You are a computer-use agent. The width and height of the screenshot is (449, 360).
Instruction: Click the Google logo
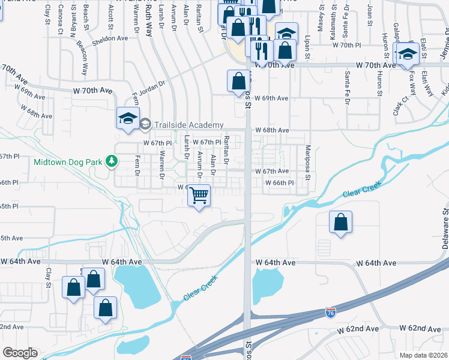(x=20, y=353)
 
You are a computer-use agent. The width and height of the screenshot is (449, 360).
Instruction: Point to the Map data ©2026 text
(x=423, y=355)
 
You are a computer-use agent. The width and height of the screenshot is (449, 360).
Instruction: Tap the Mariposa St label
(x=307, y=162)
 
